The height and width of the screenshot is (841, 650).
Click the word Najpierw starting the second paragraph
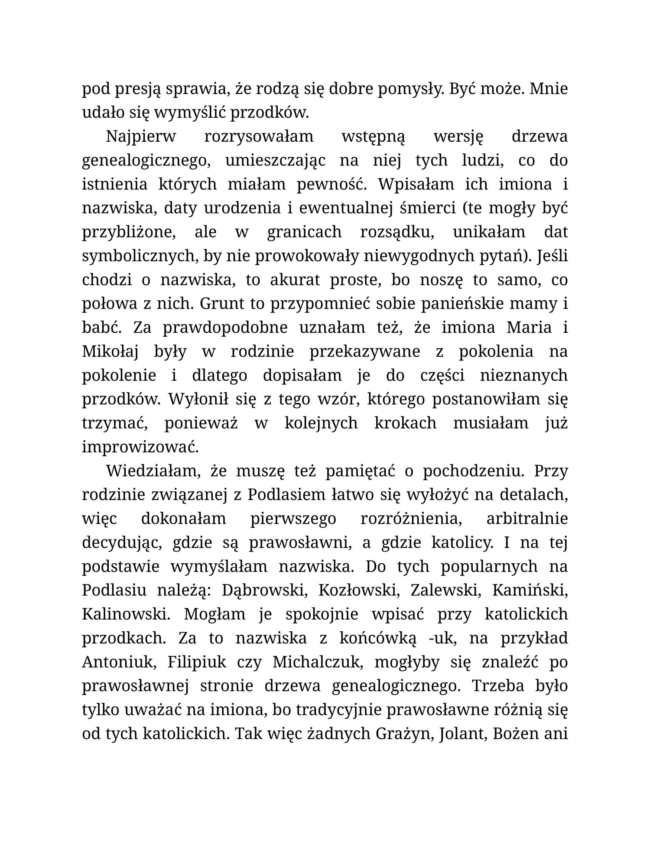141,137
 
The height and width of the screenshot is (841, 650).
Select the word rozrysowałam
258,137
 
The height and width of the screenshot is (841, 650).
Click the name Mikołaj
110,352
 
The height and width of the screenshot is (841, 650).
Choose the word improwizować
140,447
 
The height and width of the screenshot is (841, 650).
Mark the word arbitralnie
526,519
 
